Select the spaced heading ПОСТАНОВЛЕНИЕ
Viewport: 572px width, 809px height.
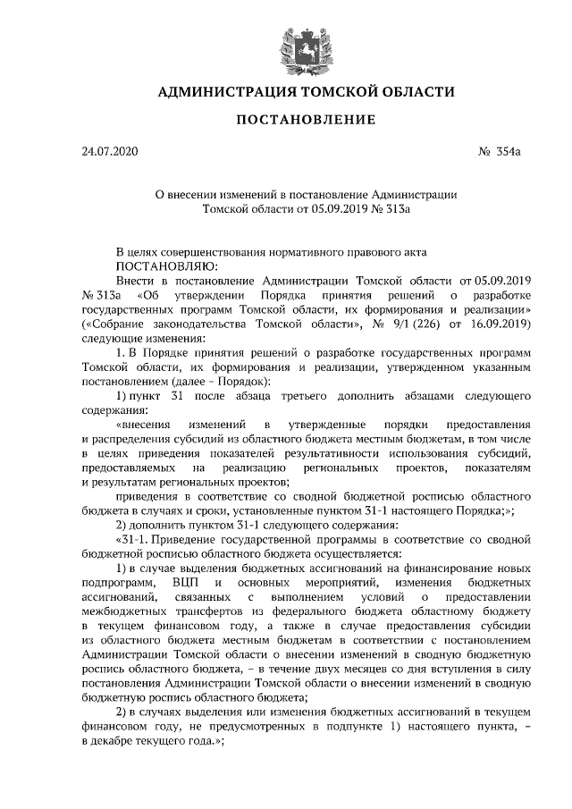coord(285,120)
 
